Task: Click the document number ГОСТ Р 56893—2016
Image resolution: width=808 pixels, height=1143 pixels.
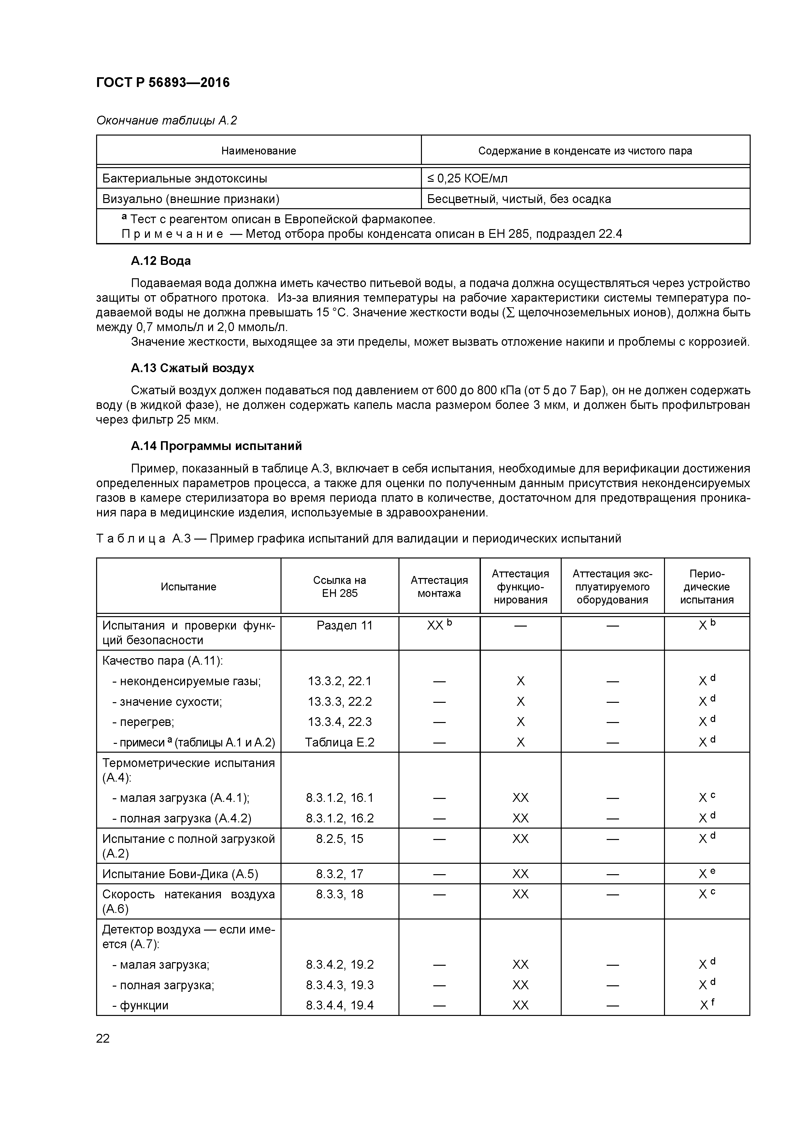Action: pos(163,83)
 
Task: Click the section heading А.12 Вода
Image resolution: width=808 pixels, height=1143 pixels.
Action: pos(161,261)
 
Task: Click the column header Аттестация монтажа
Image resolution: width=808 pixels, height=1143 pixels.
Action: pos(439,586)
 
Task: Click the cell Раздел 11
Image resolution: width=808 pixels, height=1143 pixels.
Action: pos(344,625)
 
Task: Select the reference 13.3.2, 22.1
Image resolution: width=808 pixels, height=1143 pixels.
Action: pos(339,681)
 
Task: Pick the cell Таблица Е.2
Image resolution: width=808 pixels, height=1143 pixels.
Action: pos(339,742)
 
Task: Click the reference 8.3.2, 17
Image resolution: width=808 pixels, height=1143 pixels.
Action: pos(339,874)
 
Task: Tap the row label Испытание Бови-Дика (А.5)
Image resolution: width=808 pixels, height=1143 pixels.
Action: pos(180,874)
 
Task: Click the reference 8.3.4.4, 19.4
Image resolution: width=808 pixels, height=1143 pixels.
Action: pos(339,1005)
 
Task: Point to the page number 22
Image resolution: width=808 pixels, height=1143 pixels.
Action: pos(103,1038)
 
